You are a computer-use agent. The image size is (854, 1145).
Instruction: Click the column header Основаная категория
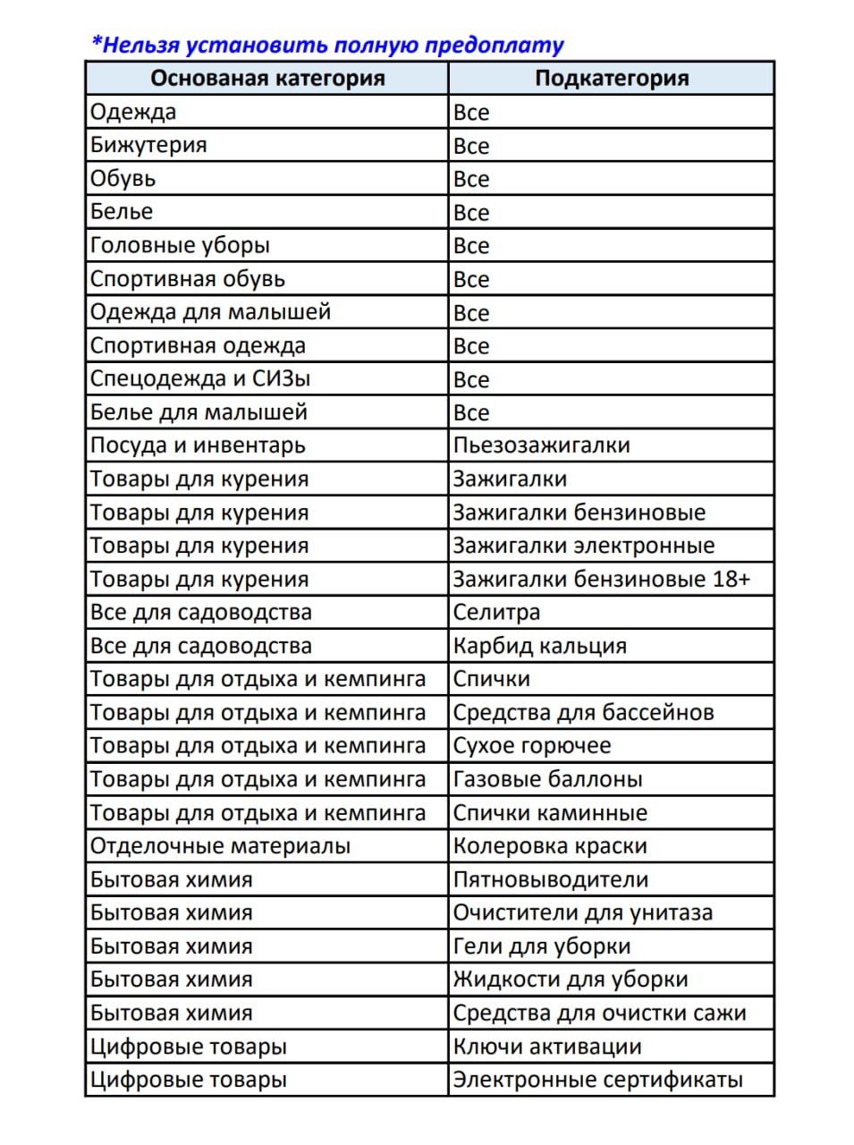click(267, 78)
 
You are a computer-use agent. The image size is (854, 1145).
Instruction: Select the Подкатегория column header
click(612, 78)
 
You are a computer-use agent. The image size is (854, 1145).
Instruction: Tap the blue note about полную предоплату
click(328, 45)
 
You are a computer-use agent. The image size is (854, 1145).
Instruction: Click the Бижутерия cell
click(149, 145)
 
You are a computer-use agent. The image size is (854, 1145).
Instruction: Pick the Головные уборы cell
click(180, 245)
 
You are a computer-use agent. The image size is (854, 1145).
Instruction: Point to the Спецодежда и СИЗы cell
click(200, 378)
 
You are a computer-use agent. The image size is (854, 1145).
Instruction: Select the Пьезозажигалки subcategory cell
click(542, 445)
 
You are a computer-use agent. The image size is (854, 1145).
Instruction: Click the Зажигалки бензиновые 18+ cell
click(601, 579)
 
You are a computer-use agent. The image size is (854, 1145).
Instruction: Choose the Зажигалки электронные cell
click(584, 546)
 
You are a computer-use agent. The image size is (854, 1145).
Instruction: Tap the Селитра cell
click(497, 613)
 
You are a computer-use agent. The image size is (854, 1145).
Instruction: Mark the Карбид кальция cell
click(540, 646)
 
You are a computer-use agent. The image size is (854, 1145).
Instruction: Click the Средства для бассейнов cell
click(584, 713)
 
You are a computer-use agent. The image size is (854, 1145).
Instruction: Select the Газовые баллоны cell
click(548, 779)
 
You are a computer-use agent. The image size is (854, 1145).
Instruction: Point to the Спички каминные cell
click(550, 813)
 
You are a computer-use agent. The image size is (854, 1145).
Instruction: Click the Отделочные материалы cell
click(221, 846)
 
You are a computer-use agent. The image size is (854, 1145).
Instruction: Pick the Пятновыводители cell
click(551, 879)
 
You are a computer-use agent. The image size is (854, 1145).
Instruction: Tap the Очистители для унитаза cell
click(583, 912)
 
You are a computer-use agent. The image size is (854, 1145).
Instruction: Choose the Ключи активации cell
click(547, 1047)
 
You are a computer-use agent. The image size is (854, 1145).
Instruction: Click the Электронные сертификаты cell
click(598, 1080)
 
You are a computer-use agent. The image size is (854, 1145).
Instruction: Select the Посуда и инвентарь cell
click(198, 445)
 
